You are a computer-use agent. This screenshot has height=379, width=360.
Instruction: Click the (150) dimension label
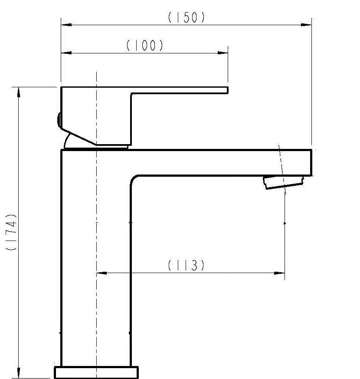coord(186,17)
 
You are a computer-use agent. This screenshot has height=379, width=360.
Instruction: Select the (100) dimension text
coord(145,45)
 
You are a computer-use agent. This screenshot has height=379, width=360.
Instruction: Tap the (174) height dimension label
coord(11,232)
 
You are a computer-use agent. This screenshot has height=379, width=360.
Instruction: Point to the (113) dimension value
coord(186,265)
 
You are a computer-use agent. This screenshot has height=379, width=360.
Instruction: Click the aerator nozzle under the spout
coord(284,182)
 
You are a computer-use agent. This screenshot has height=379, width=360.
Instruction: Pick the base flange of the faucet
coord(96,372)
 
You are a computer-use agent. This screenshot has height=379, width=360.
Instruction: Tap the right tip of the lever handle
coord(228,90)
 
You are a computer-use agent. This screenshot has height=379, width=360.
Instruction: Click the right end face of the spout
coord(311,163)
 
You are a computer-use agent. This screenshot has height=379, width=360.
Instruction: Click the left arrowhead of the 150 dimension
coord(66,25)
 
